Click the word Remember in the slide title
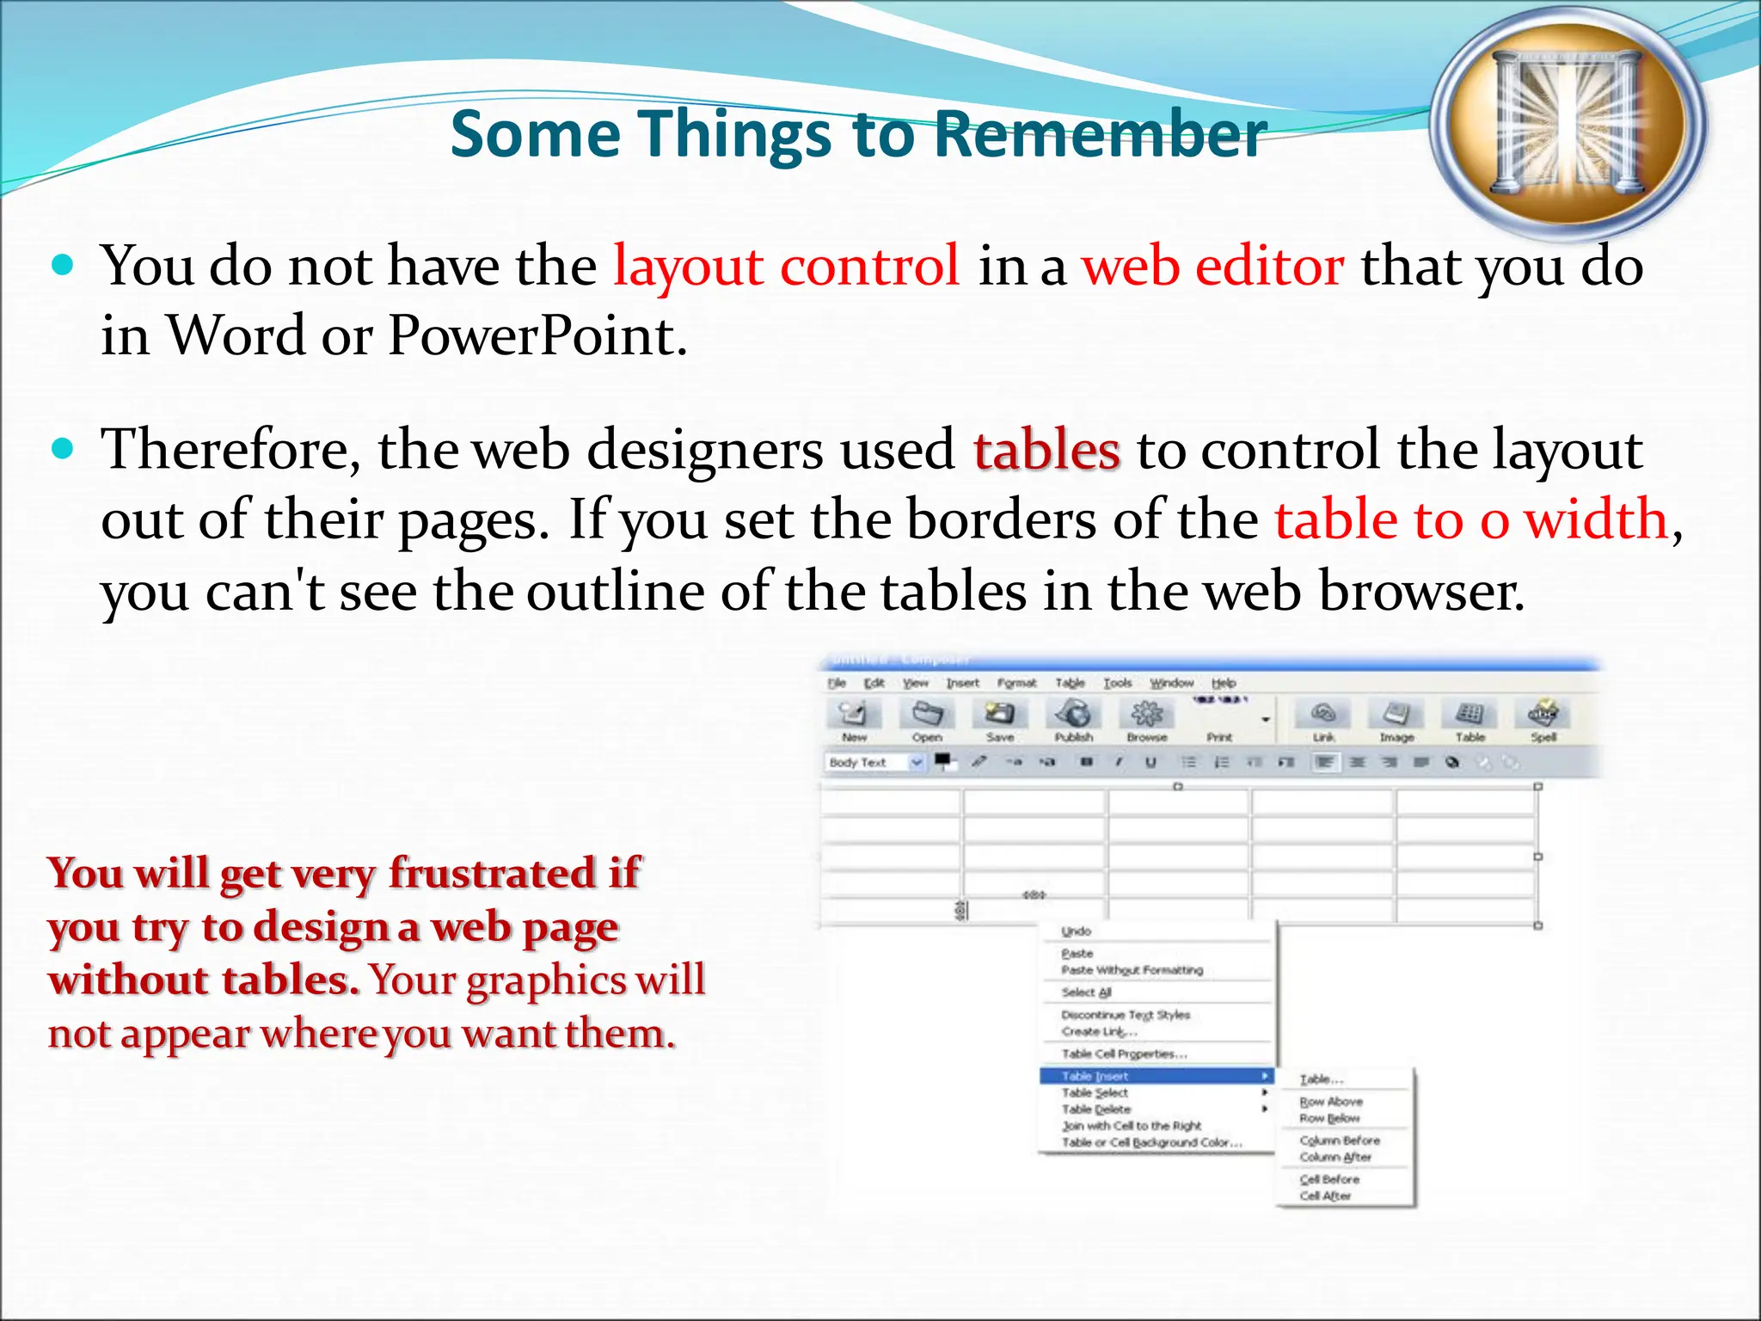1100,134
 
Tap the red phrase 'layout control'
786,266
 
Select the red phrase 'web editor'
1212,266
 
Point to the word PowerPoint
537,335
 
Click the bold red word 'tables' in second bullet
1046,450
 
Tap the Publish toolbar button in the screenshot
1074,719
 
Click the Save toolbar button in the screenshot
1000,719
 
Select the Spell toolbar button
1543,719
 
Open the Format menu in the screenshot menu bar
1016,683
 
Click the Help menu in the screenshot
1224,683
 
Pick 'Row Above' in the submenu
1331,1102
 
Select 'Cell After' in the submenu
1325,1196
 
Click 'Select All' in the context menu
1086,992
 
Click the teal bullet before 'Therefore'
64,449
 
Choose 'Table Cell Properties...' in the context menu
1124,1054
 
